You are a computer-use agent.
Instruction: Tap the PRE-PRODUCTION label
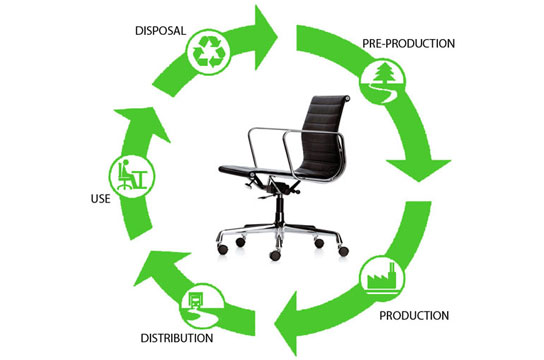407,44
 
